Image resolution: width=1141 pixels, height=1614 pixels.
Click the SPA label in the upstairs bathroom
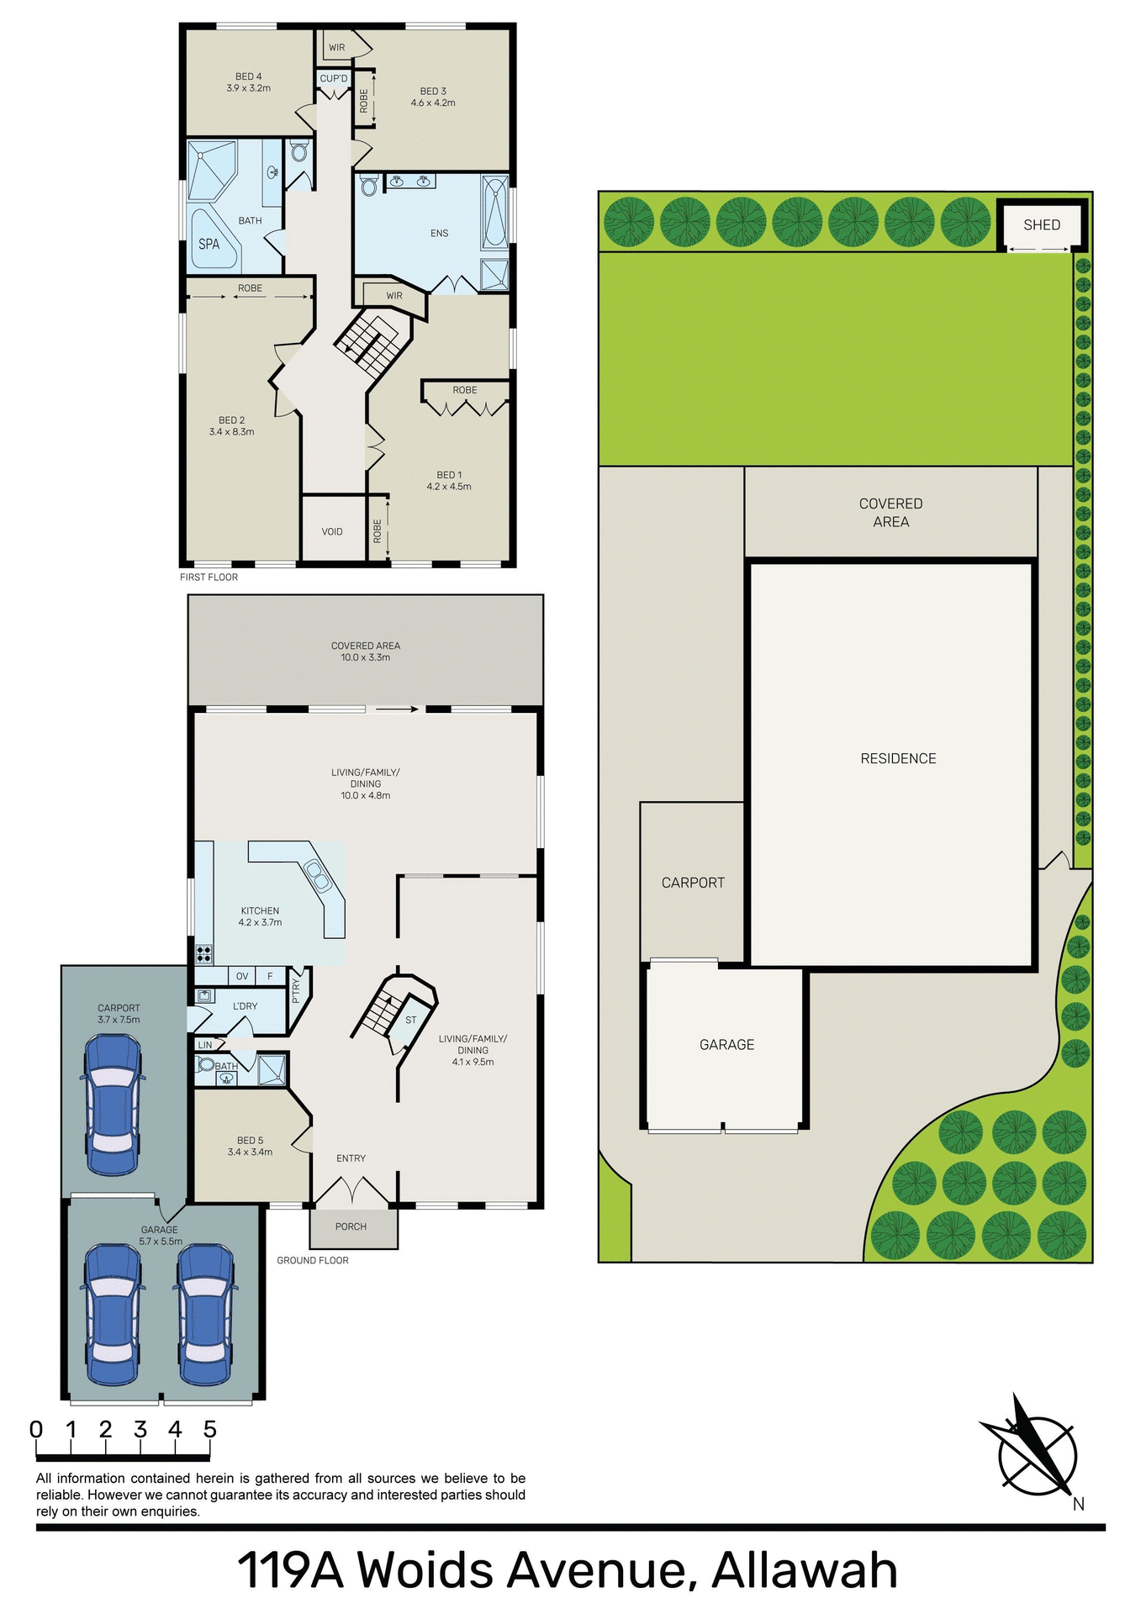coord(209,244)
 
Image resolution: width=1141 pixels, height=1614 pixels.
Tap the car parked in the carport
coord(113,1104)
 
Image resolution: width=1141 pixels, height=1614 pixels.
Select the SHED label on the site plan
coord(1041,224)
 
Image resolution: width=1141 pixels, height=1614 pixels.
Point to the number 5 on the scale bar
coord(209,1430)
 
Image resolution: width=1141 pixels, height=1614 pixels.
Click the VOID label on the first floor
coord(332,531)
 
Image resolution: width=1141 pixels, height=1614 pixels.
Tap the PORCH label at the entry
coord(351,1226)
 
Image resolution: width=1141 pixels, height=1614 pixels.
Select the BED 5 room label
coord(250,1141)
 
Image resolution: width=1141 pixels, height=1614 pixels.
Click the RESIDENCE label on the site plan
coord(897,758)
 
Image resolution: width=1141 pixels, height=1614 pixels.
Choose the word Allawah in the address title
coord(805,1569)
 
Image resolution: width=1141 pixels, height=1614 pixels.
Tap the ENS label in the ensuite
coord(439,233)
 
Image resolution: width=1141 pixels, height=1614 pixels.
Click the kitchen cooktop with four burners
coord(203,953)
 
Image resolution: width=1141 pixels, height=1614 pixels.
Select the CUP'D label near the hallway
coord(334,78)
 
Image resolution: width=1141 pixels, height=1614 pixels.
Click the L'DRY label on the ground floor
coord(245,1006)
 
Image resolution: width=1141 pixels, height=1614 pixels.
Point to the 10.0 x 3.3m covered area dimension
coord(365,657)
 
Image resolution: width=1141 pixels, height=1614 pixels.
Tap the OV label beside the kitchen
coord(242,976)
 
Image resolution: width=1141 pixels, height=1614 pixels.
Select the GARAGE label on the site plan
coord(726,1044)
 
